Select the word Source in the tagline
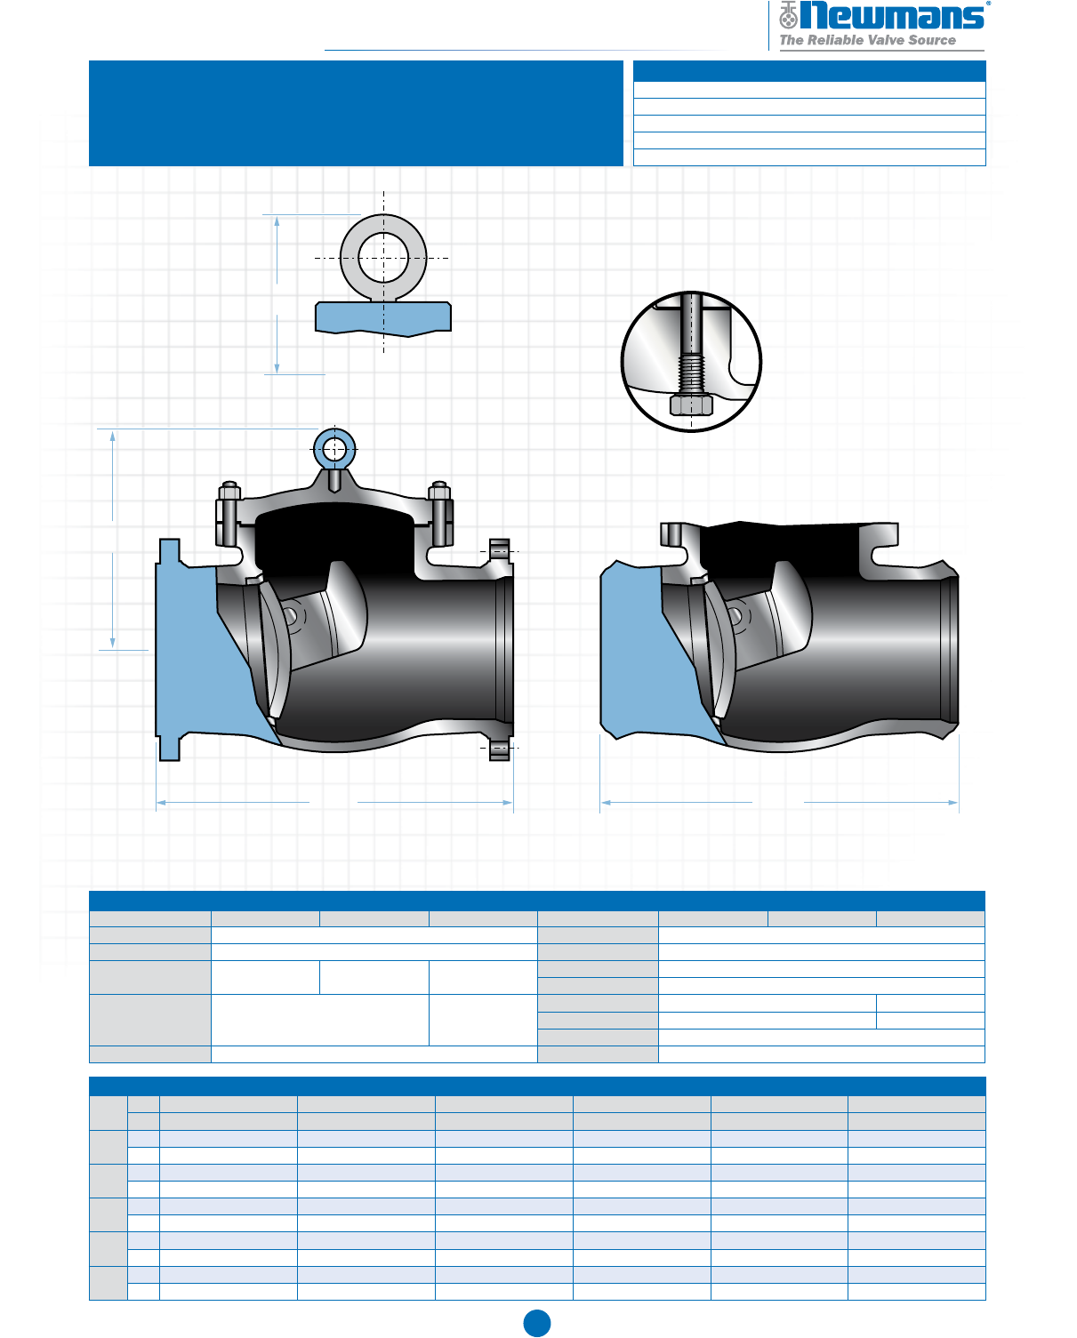point(932,40)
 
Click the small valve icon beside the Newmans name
point(788,15)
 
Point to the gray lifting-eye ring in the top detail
point(383,257)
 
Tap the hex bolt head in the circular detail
point(691,405)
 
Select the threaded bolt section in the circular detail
point(691,373)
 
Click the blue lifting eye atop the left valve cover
point(334,448)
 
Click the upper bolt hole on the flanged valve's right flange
point(499,551)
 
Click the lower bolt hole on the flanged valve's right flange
point(499,749)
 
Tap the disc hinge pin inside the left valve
point(291,616)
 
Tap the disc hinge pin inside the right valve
point(735,616)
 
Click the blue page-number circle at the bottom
point(537,1323)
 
